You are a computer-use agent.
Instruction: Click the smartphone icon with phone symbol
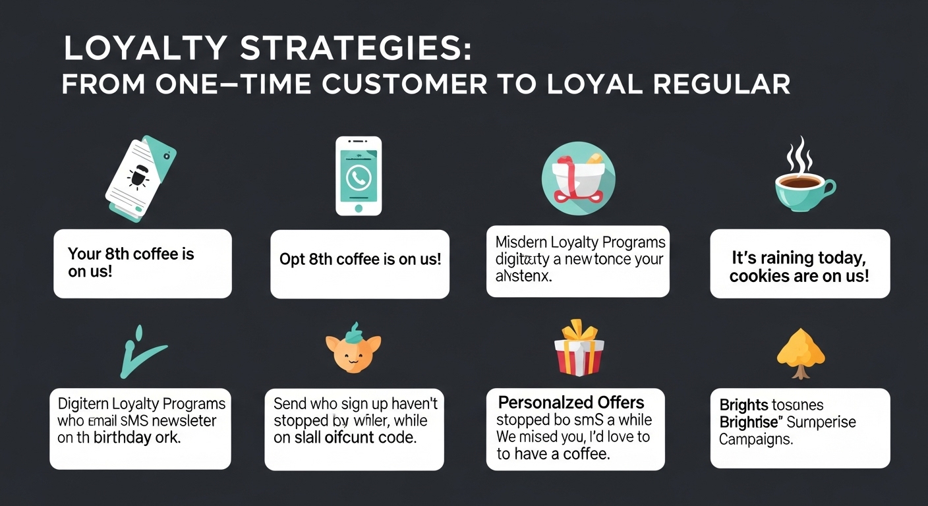pyautogui.click(x=359, y=176)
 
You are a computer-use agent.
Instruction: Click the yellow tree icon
pyautogui.click(x=800, y=353)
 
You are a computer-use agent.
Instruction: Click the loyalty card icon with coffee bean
pyautogui.click(x=140, y=177)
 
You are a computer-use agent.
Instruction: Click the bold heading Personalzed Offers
pyautogui.click(x=571, y=403)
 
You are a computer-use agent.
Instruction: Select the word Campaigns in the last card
pyautogui.click(x=755, y=439)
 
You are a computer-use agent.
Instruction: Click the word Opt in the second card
pyautogui.click(x=292, y=259)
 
